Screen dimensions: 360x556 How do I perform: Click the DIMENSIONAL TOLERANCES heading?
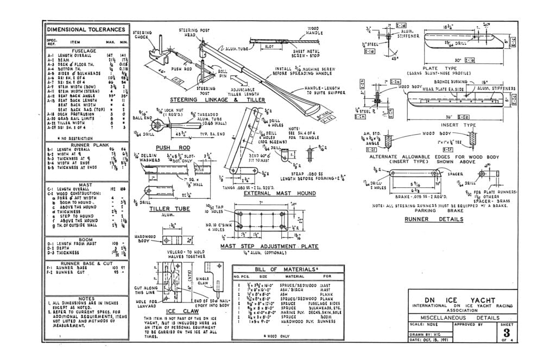[x=86, y=29]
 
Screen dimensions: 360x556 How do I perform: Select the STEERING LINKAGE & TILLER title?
[x=206, y=100]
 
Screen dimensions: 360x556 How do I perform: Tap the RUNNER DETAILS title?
[x=434, y=219]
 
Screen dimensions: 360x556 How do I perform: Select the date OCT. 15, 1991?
[x=434, y=340]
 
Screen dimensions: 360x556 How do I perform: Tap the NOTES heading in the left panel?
[x=86, y=298]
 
